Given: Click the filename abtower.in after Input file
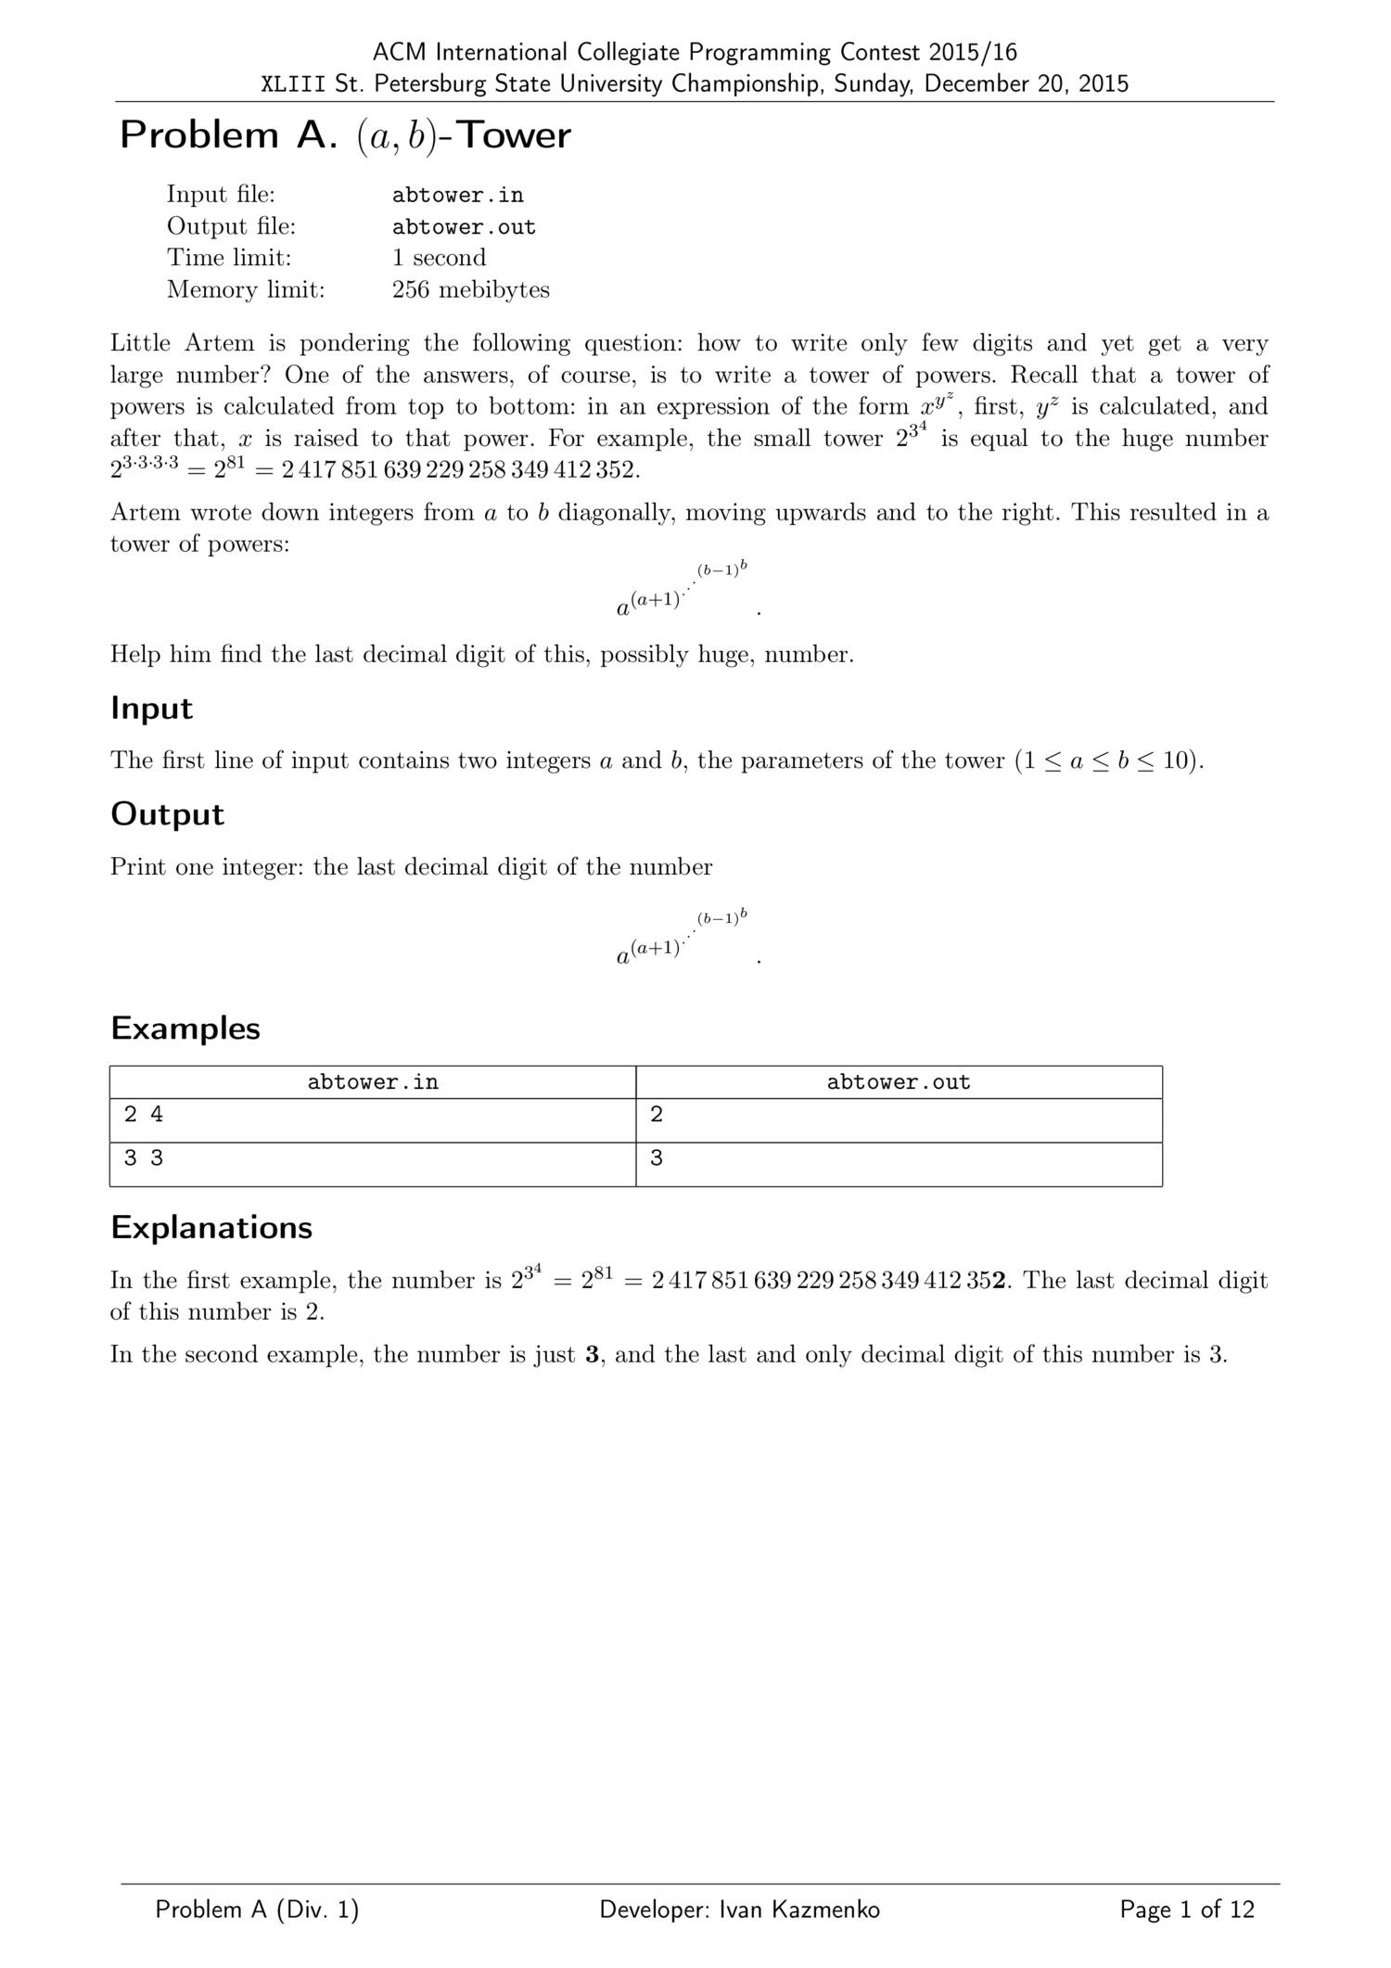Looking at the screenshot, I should pos(457,195).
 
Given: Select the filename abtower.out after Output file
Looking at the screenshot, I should pos(464,227).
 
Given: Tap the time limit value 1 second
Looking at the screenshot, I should pos(439,258).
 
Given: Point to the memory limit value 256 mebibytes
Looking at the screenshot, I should pos(470,289).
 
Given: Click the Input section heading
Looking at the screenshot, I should pos(151,709).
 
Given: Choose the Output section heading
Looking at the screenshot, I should pos(167,814).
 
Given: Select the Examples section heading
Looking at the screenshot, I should pos(185,1029).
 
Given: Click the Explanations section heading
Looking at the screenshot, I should pos(211,1228).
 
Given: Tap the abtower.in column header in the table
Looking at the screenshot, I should pos(373,1082).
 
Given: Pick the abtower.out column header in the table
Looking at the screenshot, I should pos(898,1082).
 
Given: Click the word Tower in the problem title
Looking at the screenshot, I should pos(515,135).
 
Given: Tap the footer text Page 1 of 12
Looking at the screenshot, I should pos(1186,1910).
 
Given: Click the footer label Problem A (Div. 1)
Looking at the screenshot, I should pos(257,1910).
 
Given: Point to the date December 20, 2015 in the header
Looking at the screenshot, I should pos(1026,84).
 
